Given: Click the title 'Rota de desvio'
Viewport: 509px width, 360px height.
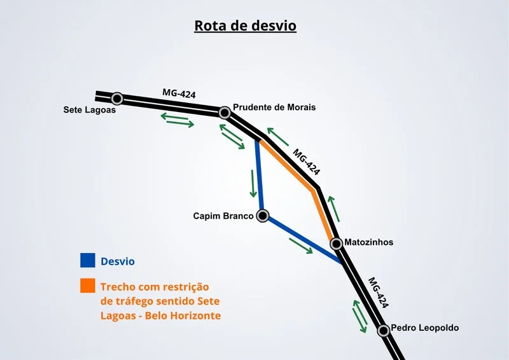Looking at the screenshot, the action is click(x=245, y=25).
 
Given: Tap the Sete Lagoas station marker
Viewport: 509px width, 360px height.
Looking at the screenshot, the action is click(x=117, y=99).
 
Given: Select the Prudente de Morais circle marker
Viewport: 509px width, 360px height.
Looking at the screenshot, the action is click(x=225, y=113).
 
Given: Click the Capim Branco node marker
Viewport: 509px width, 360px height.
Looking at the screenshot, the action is click(x=263, y=216).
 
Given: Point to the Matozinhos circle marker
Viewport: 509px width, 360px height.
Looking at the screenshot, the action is click(x=337, y=244).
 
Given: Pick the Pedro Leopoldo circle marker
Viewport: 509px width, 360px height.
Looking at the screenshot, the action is click(x=384, y=331).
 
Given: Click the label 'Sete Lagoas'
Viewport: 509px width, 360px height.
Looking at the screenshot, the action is click(x=89, y=110).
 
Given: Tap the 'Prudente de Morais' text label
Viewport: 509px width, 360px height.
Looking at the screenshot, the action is click(x=274, y=107).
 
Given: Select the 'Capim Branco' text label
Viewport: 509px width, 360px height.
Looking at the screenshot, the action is click(x=223, y=216).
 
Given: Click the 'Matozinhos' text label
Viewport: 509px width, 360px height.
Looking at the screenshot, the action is click(x=369, y=242).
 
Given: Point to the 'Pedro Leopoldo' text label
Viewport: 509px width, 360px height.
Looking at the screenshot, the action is click(x=425, y=328).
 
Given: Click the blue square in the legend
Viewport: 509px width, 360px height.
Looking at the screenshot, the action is click(x=88, y=260).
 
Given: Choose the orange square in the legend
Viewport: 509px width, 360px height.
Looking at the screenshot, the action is click(x=88, y=286).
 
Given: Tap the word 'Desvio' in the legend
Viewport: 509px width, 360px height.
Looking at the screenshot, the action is click(x=118, y=261).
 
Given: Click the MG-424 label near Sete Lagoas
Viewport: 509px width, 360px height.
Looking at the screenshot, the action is click(x=179, y=93).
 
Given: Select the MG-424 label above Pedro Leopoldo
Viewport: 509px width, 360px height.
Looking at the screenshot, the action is click(x=378, y=293).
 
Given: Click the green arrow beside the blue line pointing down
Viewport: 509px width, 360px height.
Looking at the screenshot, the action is click(x=253, y=183).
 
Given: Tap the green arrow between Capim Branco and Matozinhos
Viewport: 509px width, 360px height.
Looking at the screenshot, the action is click(x=301, y=246).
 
